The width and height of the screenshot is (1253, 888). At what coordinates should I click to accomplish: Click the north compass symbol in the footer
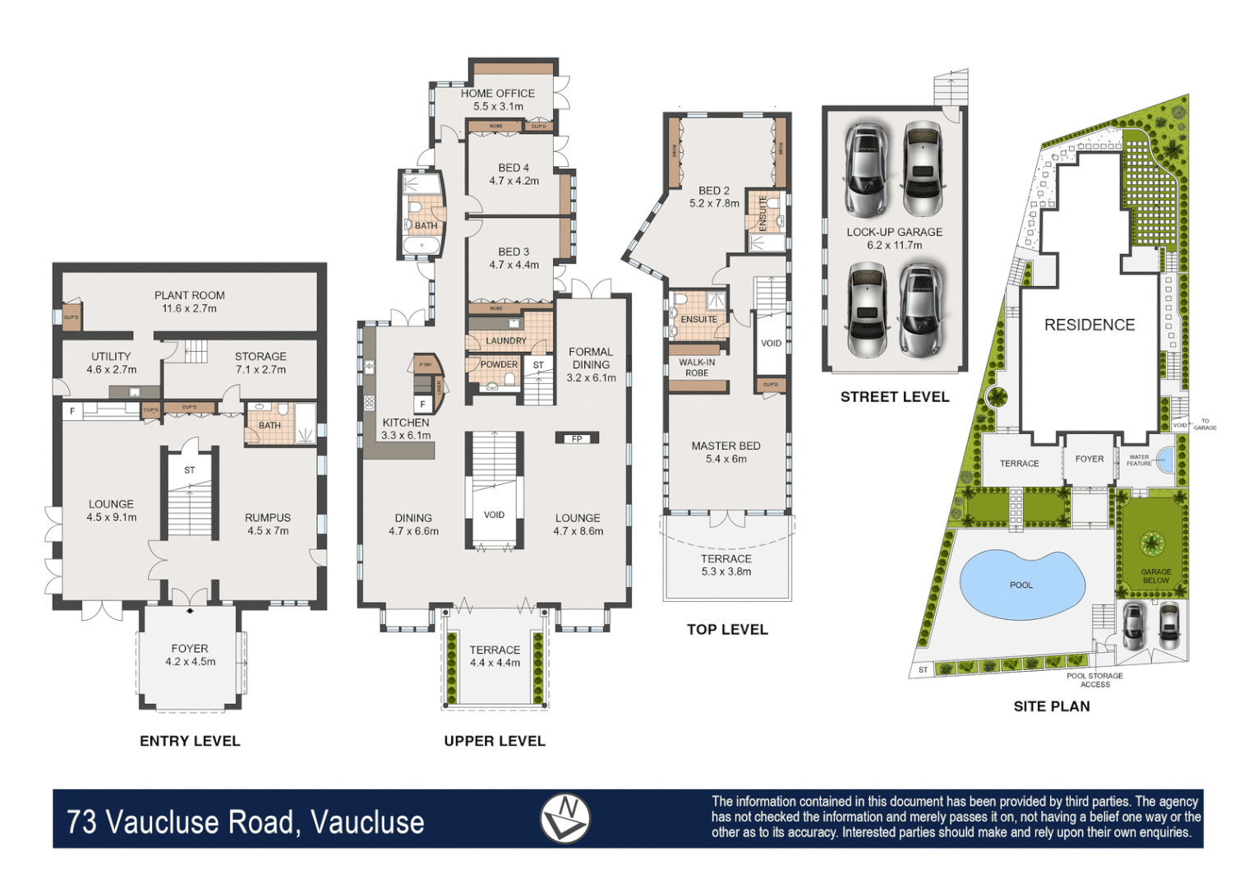click(x=564, y=818)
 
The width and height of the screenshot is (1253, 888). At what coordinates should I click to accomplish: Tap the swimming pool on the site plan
click(x=1021, y=585)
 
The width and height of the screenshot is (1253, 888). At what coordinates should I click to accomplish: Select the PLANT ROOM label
click(x=189, y=295)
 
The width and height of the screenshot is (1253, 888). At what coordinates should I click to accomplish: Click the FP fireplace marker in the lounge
click(x=577, y=438)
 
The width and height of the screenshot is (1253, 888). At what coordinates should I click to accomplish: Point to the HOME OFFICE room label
click(x=497, y=94)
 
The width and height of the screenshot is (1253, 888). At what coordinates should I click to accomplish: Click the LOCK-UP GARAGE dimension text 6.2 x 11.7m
click(x=894, y=245)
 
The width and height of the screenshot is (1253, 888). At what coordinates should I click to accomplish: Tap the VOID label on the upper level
click(x=494, y=515)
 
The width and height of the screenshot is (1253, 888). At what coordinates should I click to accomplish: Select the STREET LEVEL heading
click(x=894, y=396)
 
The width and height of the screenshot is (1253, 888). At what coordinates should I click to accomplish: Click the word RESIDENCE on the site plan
click(x=1089, y=325)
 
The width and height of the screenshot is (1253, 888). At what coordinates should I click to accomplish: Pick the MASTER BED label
click(x=726, y=446)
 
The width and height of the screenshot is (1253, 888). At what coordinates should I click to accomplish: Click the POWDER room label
click(x=499, y=364)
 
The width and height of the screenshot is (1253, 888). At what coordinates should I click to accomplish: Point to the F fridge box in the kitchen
click(x=422, y=404)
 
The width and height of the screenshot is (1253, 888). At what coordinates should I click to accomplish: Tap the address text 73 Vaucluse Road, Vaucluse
click(x=246, y=821)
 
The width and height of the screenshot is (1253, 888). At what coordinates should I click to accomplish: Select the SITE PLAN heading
click(x=1051, y=706)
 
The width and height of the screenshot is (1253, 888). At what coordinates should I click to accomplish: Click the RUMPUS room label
click(x=267, y=517)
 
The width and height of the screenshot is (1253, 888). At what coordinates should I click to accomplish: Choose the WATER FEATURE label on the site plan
click(x=1139, y=460)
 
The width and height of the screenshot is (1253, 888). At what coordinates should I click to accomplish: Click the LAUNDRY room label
click(x=505, y=340)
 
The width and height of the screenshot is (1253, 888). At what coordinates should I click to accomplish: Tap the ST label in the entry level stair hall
click(x=190, y=470)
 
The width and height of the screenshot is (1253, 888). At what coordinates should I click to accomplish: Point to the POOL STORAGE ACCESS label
click(x=1094, y=680)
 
